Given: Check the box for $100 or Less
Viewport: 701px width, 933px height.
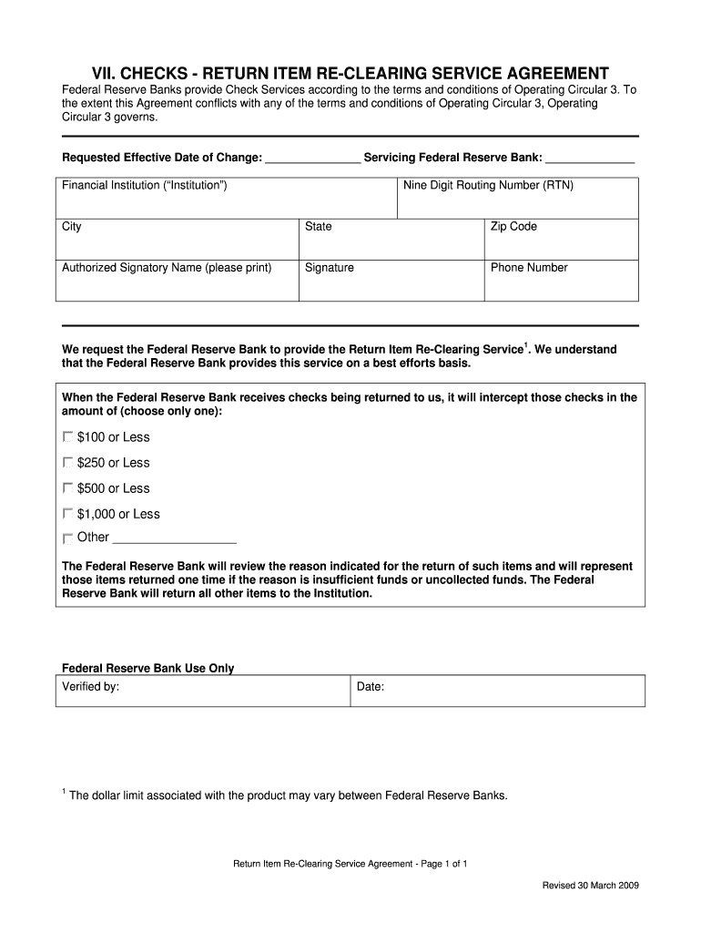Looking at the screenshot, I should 68,437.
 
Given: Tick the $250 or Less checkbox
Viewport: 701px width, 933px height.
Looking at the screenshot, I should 68,463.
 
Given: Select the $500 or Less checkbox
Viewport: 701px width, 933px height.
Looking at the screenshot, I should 68,488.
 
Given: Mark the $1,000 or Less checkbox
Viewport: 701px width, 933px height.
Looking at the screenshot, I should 68,514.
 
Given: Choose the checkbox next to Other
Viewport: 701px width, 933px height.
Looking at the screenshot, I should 68,538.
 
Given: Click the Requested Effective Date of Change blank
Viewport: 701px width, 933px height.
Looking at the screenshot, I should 312,159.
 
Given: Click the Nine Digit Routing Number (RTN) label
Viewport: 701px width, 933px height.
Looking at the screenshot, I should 488,186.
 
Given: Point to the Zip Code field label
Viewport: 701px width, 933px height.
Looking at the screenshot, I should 513,227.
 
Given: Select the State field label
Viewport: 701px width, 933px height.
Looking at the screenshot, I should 319,227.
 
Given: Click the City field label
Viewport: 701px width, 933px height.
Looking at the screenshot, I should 71,227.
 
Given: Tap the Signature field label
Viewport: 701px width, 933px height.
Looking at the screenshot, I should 330,268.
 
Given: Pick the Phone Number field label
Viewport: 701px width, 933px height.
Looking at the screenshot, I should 529,268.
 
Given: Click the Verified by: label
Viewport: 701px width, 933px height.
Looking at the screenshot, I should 90,687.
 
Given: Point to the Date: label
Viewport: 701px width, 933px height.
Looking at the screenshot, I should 371,687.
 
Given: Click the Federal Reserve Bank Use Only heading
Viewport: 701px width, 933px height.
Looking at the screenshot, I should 147,668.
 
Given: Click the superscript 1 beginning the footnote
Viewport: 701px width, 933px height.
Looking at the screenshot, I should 64,792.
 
